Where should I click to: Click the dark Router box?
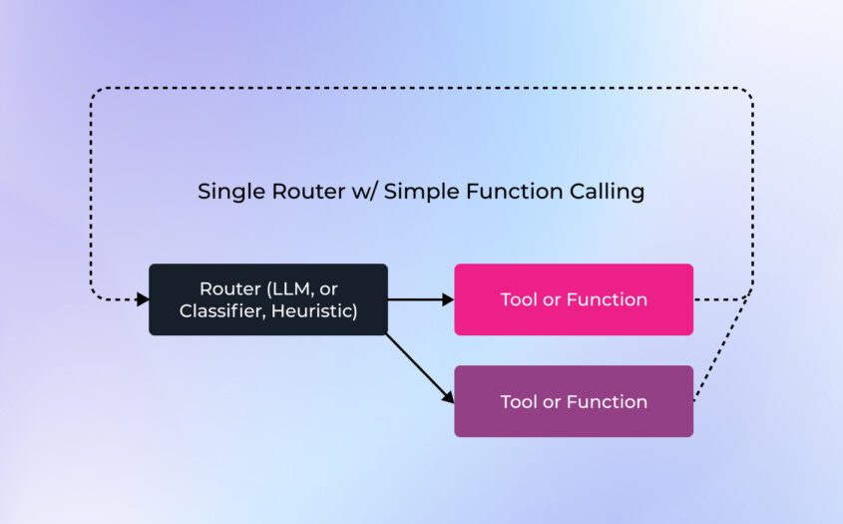coord(267,299)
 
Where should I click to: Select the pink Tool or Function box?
coord(574,299)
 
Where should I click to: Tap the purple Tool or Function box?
coord(574,401)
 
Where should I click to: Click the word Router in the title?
coord(303,192)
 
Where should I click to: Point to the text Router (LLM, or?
coord(267,288)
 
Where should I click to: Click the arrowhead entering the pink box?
coord(448,299)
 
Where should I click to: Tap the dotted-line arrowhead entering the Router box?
coord(143,299)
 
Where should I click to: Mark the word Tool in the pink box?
coord(519,299)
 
